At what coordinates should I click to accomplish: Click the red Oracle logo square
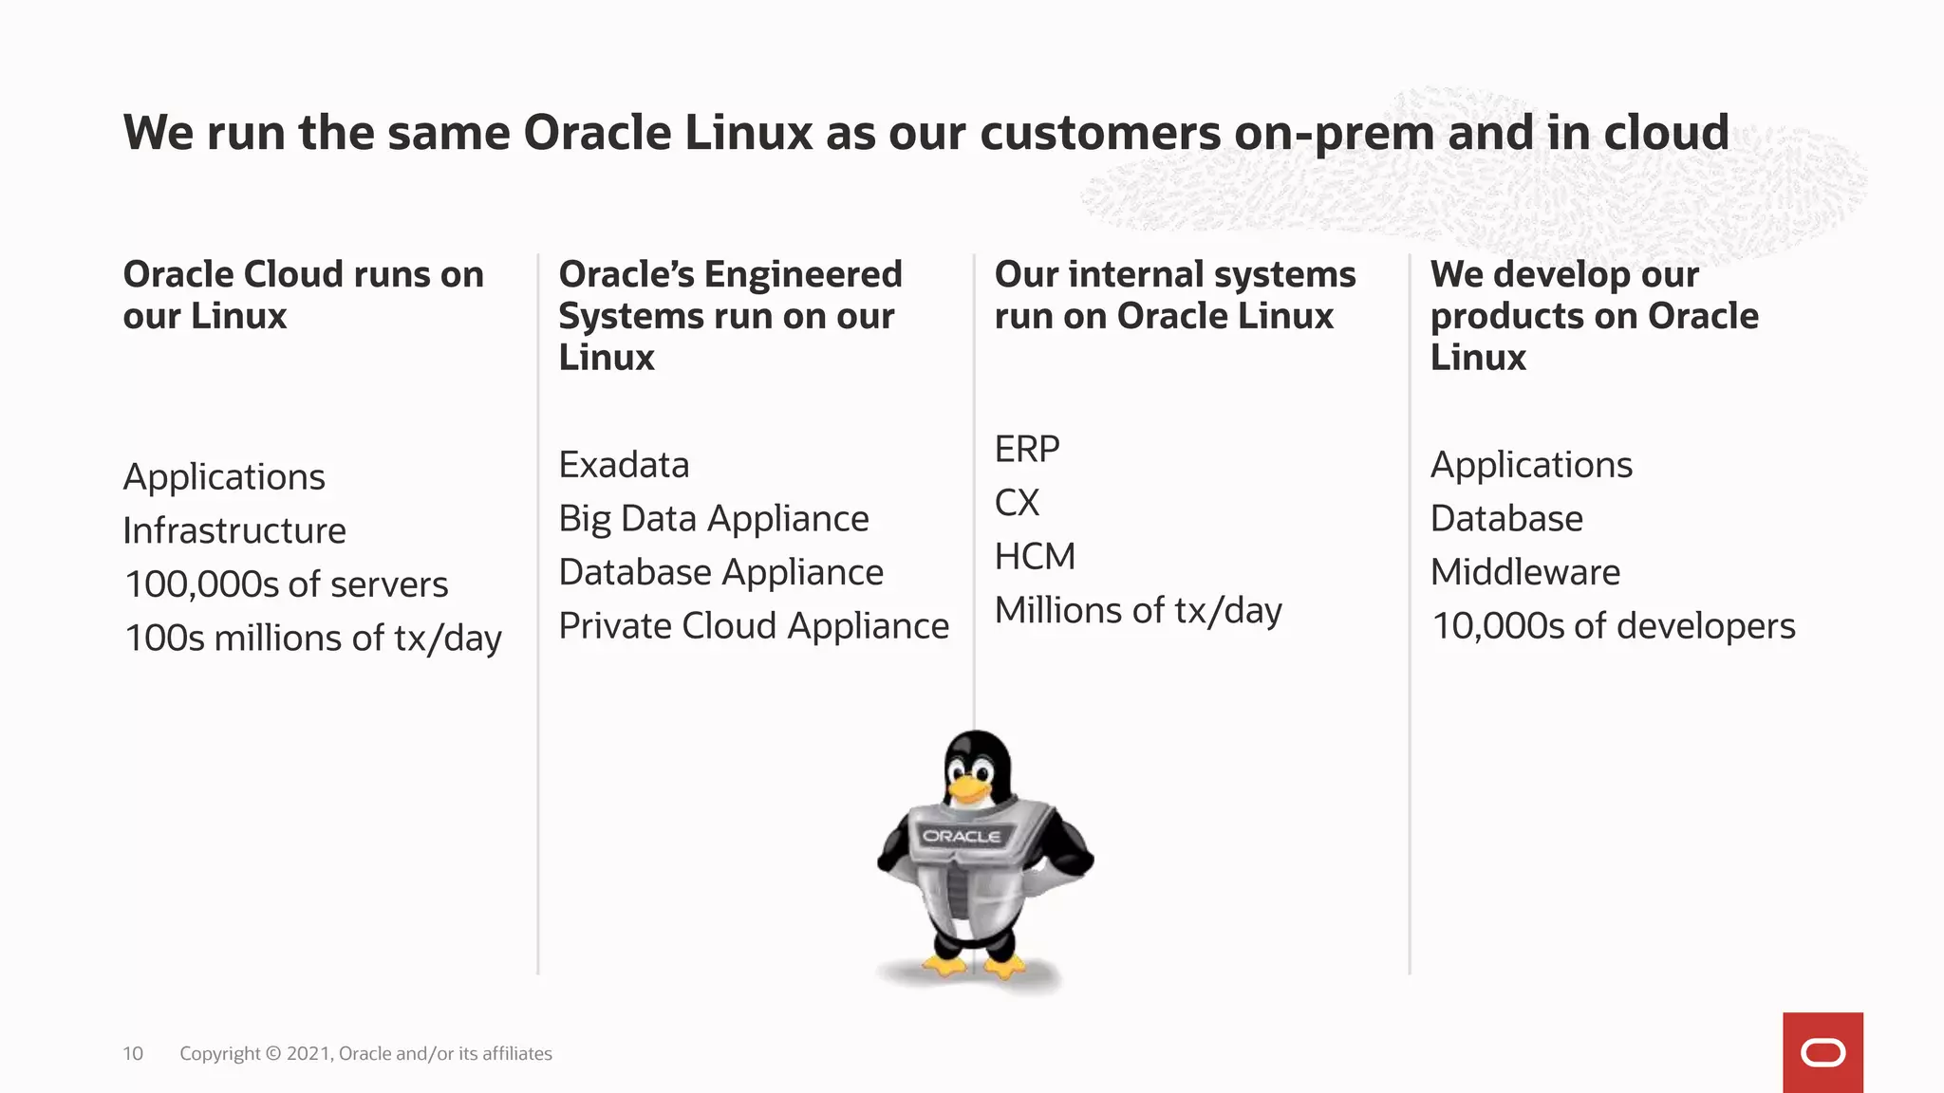click(1822, 1052)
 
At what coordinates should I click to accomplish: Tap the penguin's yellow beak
click(969, 789)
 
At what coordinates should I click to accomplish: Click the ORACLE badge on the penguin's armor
click(962, 836)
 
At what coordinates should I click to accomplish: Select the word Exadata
click(624, 465)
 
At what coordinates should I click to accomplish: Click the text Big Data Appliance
click(713, 519)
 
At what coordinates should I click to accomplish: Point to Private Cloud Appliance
click(754, 626)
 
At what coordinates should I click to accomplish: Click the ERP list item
click(1026, 449)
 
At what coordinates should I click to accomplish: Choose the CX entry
click(1017, 503)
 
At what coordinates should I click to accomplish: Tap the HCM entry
click(1035, 557)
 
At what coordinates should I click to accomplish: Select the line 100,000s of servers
click(286, 584)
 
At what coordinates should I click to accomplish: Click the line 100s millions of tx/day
click(312, 639)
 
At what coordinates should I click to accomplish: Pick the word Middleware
click(1524, 572)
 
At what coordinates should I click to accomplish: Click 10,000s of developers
click(1613, 626)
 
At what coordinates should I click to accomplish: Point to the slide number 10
click(133, 1053)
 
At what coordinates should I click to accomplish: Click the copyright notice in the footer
click(365, 1053)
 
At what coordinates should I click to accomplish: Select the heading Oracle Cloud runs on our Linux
click(303, 294)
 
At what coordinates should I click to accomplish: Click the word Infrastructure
click(234, 530)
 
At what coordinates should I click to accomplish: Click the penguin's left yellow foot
click(944, 967)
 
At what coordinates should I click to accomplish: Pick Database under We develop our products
click(1506, 519)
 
